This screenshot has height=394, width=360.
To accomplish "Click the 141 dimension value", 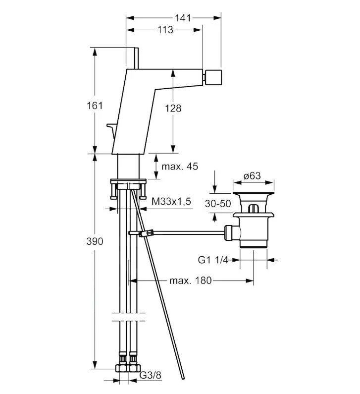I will pos(183,17).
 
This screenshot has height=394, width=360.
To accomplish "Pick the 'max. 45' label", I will pos(181,167).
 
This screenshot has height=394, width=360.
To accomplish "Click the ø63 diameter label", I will pos(253,175).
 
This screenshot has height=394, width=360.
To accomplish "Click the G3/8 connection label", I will pos(150,375).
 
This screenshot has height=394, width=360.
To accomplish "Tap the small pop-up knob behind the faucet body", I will pos(112,129).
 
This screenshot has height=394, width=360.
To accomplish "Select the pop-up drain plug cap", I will pos(254,191).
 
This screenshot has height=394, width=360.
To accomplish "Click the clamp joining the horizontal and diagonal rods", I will pos(144,232).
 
